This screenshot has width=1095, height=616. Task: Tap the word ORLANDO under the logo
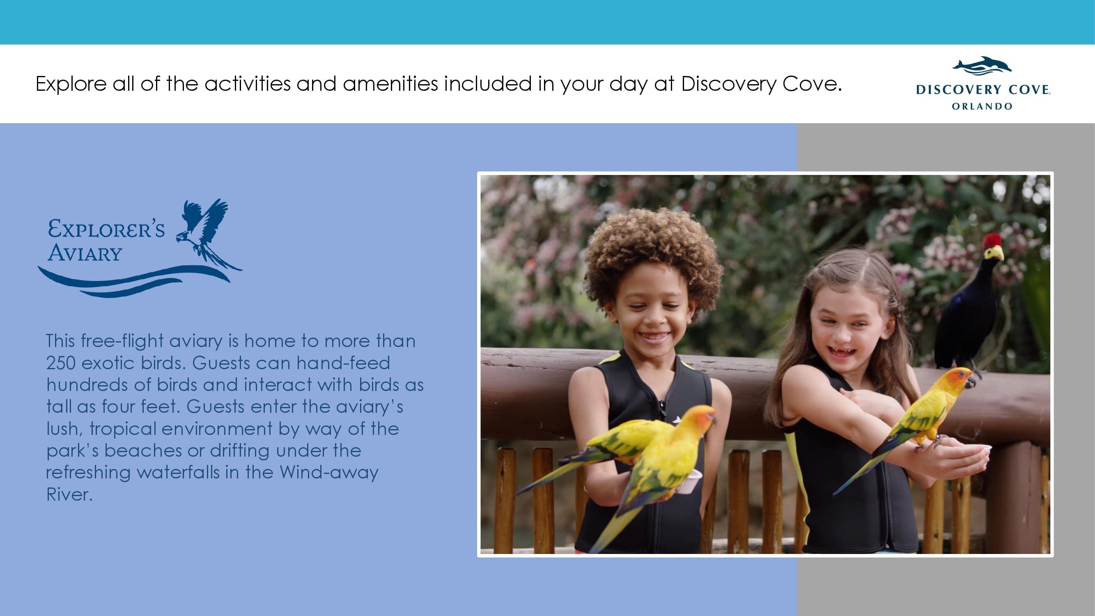[x=982, y=106]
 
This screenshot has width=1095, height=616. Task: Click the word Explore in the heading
[x=71, y=84]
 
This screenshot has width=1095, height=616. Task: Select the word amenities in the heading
[x=390, y=83]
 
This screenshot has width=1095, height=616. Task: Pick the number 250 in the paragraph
[x=61, y=363]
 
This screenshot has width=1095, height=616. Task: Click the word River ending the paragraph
[x=69, y=495]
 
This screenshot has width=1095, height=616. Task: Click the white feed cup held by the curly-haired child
[x=689, y=482]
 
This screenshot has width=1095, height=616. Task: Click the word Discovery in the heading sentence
[x=729, y=84]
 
